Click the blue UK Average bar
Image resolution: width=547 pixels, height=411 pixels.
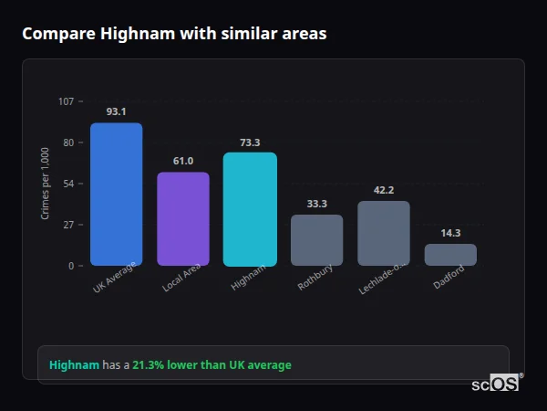(116, 195)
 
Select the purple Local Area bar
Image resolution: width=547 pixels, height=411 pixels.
(183, 219)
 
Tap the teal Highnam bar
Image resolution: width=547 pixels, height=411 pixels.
(250, 209)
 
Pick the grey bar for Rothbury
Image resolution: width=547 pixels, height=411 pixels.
(316, 240)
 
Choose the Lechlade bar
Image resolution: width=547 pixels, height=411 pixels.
(384, 234)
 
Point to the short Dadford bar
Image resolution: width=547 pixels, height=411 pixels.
(450, 255)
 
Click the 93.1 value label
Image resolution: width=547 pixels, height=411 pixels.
(116, 111)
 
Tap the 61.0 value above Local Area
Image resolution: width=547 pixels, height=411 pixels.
(183, 161)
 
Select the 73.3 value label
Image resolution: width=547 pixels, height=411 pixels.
(250, 142)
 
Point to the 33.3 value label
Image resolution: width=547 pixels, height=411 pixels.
(316, 204)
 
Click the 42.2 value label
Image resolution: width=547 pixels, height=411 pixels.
(384, 190)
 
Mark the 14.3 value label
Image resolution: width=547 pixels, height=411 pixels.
(450, 233)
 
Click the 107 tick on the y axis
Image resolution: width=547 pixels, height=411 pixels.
(66, 101)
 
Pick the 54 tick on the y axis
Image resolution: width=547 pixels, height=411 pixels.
(67, 184)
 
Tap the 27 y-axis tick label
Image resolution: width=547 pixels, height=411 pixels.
(67, 225)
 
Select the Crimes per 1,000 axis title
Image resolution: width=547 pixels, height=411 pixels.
(45, 184)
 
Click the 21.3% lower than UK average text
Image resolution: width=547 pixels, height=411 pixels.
(212, 365)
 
